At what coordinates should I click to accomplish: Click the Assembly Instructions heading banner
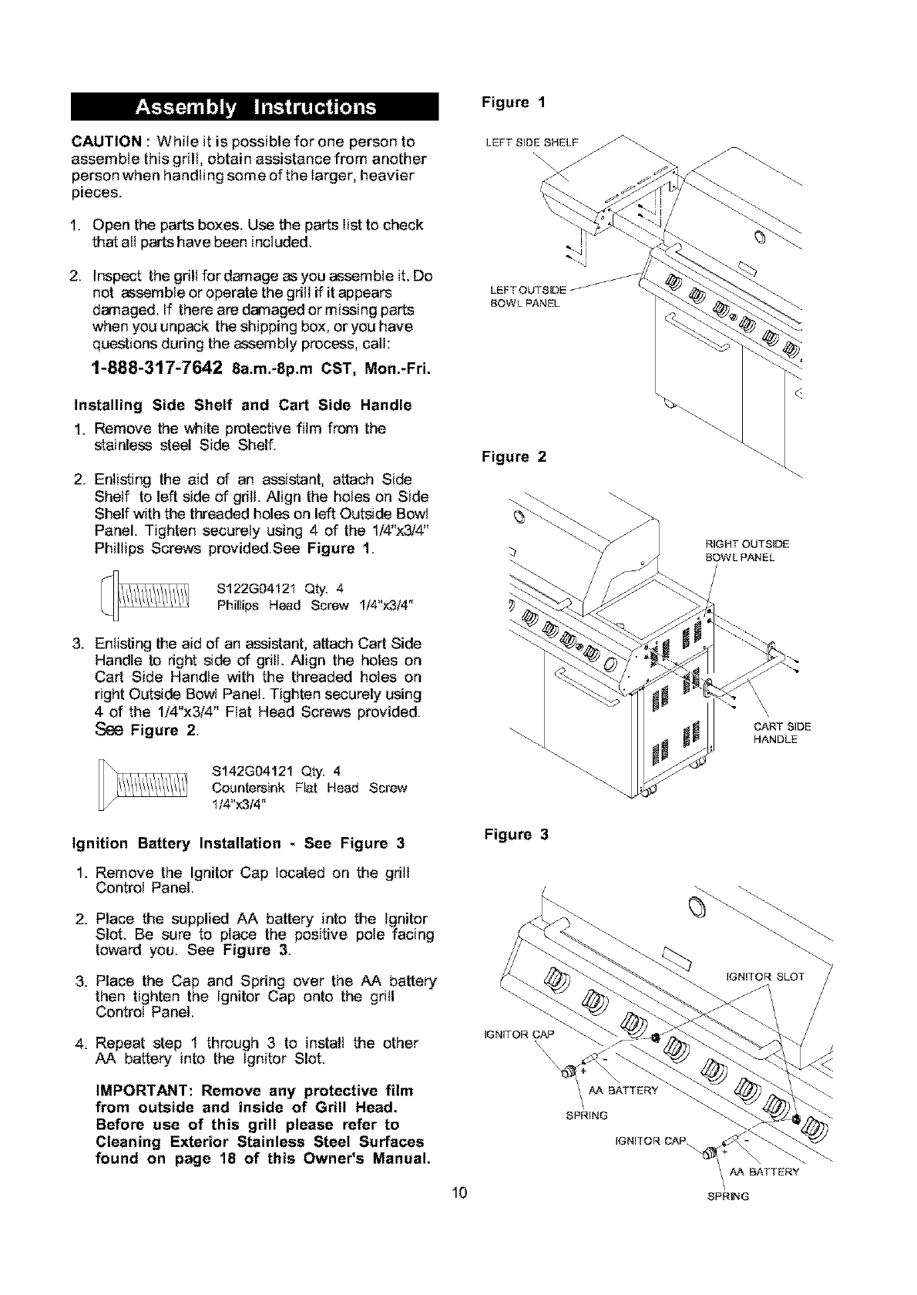[255, 106]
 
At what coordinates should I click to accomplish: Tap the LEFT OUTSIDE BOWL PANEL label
[527, 296]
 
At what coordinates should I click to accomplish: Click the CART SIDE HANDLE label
[782, 733]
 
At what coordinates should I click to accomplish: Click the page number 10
[460, 1196]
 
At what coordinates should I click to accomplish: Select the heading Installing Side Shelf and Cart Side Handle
[242, 405]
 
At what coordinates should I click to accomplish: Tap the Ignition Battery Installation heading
[238, 843]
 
